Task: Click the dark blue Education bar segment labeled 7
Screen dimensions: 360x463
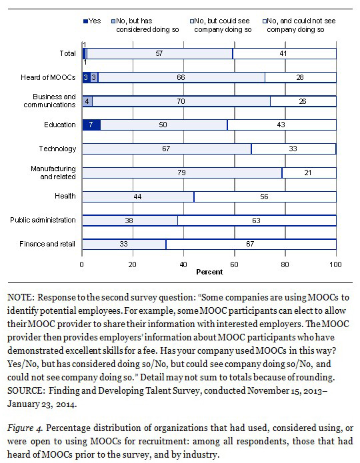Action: point(91,125)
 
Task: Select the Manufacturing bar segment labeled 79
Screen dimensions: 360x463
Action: point(182,173)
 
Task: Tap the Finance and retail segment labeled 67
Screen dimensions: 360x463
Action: point(251,244)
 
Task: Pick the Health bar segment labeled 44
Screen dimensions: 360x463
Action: point(138,197)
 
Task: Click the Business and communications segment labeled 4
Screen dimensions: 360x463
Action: point(87,101)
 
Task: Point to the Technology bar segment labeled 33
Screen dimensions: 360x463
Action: point(293,149)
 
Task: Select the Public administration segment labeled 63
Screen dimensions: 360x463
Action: point(257,221)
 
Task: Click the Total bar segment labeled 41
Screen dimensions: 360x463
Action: point(285,53)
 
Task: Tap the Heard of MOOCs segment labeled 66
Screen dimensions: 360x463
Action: point(181,77)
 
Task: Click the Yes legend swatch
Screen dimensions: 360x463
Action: point(86,21)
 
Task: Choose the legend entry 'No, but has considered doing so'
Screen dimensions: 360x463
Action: point(145,25)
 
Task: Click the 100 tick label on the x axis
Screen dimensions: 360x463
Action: point(335,264)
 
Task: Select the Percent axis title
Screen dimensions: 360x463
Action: point(209,272)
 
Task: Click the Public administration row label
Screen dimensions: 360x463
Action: point(43,220)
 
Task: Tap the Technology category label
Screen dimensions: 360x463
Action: point(57,149)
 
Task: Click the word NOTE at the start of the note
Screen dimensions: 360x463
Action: point(20,297)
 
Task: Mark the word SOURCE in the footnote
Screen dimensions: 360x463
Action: point(26,390)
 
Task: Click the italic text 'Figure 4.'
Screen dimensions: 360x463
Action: point(25,428)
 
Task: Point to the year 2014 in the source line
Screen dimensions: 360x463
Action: point(65,404)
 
